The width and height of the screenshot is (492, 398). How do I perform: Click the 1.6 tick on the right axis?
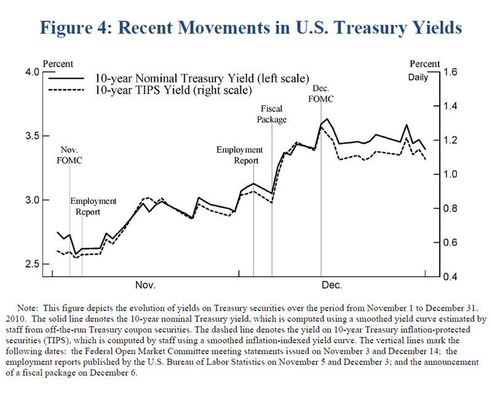pos(450,72)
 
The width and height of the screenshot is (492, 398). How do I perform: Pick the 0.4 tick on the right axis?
pos(450,277)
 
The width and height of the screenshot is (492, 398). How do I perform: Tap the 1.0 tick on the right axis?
pos(450,174)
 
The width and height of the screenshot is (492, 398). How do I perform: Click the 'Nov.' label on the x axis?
pos(145,285)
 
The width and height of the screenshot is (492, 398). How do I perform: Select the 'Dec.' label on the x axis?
pos(331,285)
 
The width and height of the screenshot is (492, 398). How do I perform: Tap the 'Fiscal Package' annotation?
pos(271,114)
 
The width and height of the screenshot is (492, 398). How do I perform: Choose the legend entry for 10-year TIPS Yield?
pos(172,90)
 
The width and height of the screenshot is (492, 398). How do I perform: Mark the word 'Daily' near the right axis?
pos(420,78)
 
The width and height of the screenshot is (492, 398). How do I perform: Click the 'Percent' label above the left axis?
pos(58,64)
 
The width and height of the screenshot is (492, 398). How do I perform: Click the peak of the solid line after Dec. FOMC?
pos(327,119)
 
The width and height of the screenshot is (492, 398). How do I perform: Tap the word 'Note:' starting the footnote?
pos(30,307)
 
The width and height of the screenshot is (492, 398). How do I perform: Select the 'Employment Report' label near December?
pos(239,155)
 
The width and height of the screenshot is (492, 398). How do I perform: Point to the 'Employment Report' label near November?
pos(93,207)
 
